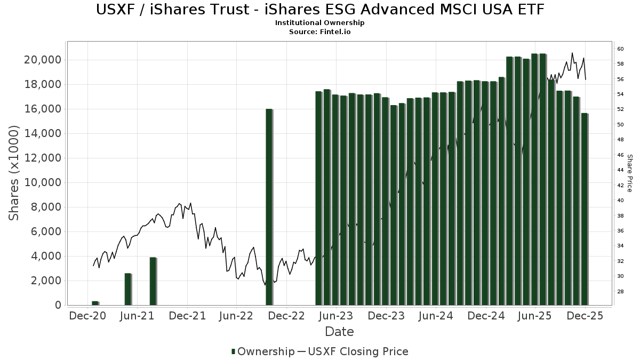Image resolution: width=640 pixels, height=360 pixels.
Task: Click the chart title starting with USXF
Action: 320,9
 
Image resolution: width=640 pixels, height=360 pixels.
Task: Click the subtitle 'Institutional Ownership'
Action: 320,23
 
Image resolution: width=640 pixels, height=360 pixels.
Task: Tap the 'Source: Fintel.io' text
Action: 320,31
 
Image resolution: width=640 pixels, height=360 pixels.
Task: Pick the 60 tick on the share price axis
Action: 620,49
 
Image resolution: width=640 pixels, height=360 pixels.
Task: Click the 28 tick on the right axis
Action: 620,292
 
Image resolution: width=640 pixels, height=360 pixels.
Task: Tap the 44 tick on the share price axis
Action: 620,170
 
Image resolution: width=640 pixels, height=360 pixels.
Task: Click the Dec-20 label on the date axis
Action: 88,316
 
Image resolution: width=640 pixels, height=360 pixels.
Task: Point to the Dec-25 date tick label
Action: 585,316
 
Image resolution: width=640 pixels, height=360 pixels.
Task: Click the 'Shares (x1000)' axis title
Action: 14,173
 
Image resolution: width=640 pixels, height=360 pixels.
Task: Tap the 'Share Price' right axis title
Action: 630,173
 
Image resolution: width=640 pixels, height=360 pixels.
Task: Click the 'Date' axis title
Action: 339,332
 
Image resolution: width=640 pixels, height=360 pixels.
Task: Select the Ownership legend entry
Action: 263,351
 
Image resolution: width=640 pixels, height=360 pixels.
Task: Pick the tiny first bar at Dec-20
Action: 95,303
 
